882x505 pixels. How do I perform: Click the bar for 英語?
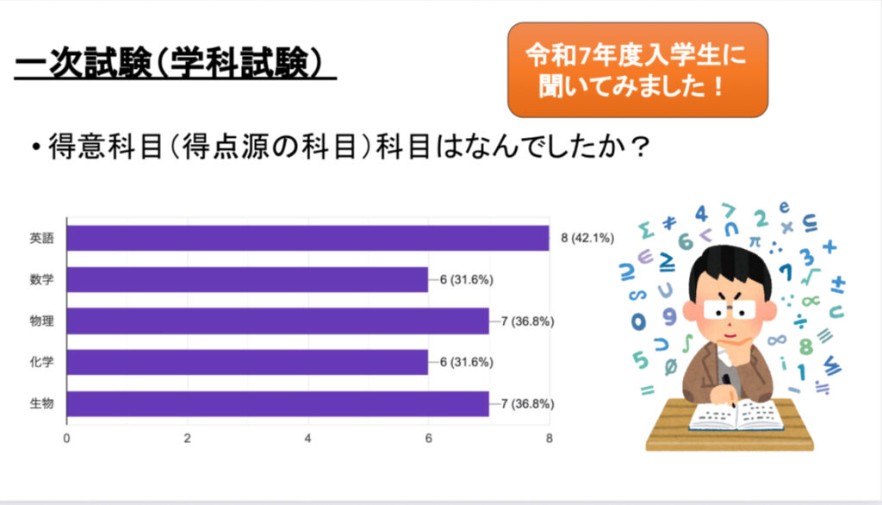pos(307,238)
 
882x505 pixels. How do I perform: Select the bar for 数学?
pos(247,279)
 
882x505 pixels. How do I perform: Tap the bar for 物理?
pos(277,321)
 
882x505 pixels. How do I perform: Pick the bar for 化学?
pos(247,362)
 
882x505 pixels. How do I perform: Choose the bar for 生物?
pos(277,403)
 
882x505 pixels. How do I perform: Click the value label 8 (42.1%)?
pos(589,239)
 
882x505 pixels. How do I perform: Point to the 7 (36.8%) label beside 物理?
pos(527,321)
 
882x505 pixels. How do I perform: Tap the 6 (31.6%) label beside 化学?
pos(466,363)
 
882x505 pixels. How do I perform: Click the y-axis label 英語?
pos(42,239)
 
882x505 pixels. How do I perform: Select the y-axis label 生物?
pos(42,404)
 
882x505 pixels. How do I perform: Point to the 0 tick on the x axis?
pos(67,438)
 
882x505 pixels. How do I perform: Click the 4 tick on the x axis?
pos(308,438)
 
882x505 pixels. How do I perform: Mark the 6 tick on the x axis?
pos(428,438)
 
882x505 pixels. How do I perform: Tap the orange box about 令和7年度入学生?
pos(637,70)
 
